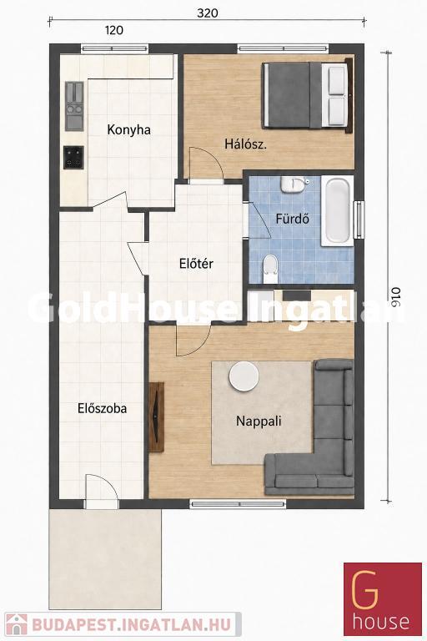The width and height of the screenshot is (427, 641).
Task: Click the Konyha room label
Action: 128,130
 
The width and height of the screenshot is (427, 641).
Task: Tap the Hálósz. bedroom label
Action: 245,144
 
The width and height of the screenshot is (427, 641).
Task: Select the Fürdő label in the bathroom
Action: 292,219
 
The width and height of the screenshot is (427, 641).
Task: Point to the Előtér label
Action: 196,264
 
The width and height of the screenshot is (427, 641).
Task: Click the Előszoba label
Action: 102,408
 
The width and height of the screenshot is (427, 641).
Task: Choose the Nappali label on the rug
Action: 259,421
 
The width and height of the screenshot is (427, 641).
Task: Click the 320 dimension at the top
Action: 208,13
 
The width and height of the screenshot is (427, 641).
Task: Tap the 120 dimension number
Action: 114,30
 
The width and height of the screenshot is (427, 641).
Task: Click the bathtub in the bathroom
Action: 337,211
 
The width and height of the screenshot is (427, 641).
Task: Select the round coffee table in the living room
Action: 244,376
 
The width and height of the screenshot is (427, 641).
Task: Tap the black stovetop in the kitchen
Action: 73,158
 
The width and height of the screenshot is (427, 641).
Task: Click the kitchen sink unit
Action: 74,106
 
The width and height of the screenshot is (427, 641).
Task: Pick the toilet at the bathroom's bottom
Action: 269,269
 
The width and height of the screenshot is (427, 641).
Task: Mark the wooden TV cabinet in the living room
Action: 156,417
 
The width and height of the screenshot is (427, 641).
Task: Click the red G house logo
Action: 383,599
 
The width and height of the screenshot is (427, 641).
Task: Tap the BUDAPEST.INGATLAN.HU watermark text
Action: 131,624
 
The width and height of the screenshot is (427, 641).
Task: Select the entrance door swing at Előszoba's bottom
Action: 102,491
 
